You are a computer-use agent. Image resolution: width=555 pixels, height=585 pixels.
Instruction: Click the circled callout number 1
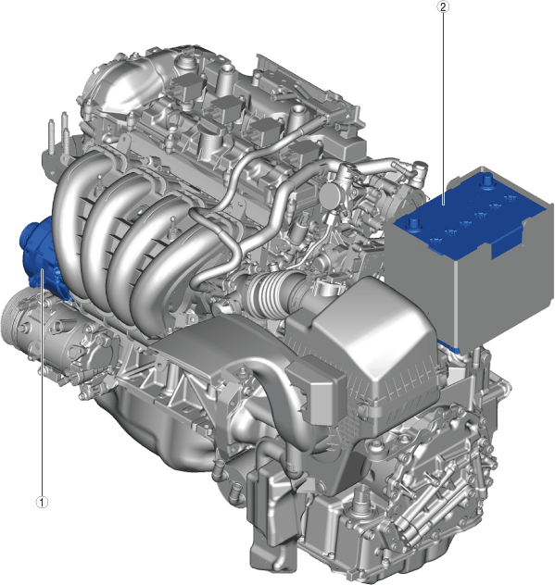click(42, 502)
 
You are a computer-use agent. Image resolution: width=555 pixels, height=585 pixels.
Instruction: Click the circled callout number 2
click(443, 6)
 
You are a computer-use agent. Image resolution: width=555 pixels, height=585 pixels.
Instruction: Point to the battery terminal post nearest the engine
click(414, 225)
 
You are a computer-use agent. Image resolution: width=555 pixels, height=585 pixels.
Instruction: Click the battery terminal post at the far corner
click(486, 181)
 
